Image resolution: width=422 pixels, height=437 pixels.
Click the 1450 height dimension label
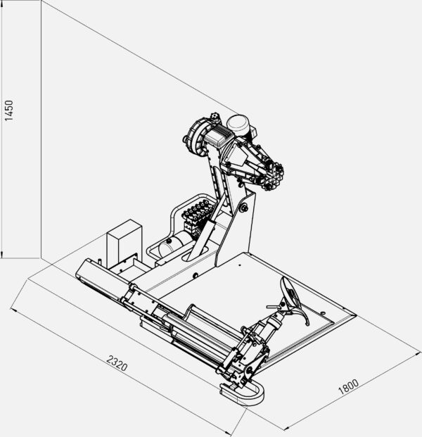[x=8, y=110]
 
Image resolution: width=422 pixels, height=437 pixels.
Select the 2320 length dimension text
[x=117, y=363]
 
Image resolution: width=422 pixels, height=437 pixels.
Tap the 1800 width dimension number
[x=348, y=386]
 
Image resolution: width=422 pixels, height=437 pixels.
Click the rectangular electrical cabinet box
[x=124, y=243]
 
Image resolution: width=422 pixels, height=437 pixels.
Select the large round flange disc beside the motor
[x=197, y=136]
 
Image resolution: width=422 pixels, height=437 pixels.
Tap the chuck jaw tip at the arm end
[x=274, y=175]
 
